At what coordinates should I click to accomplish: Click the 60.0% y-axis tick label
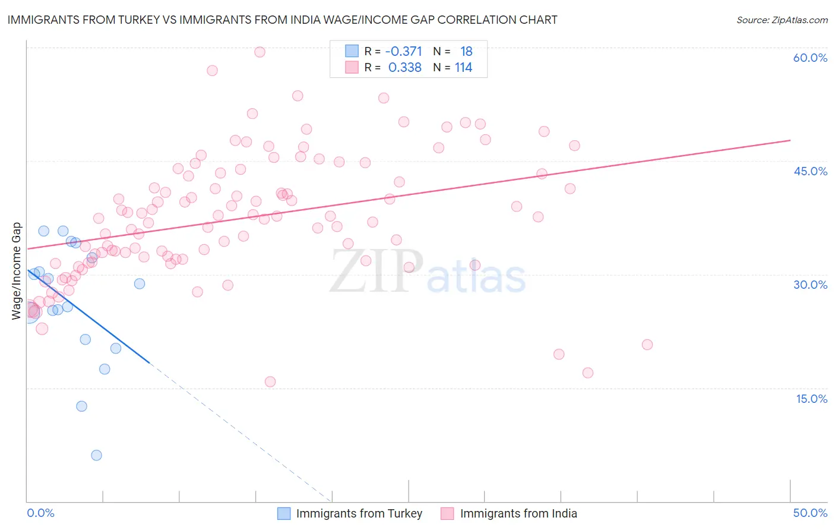[x=810, y=58]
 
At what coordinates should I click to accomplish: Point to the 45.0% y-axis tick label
[x=810, y=171]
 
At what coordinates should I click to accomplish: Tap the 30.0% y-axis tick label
[x=810, y=285]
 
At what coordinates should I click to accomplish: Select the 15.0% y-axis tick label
[x=811, y=399]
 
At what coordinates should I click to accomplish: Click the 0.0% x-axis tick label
[x=40, y=513]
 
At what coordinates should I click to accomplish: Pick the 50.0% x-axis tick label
[x=810, y=513]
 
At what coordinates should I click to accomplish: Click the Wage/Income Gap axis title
[x=17, y=271]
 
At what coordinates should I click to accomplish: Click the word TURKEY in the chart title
[x=140, y=20]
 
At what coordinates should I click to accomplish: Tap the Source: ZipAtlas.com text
[x=782, y=20]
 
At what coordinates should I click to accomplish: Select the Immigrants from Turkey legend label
[x=359, y=513]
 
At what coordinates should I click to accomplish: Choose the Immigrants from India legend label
[x=518, y=513]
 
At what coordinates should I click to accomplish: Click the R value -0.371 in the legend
[x=403, y=52]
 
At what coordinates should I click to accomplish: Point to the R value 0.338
[x=404, y=68]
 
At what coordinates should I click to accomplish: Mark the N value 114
[x=463, y=68]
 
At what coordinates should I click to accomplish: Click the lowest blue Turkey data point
[x=96, y=455]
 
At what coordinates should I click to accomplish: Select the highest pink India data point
[x=260, y=52]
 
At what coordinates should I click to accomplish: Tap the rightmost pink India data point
[x=647, y=345]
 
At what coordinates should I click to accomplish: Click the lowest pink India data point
[x=270, y=381]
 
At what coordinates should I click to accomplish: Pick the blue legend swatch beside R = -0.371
[x=352, y=51]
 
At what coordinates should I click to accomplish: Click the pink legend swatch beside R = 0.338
[x=352, y=67]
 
